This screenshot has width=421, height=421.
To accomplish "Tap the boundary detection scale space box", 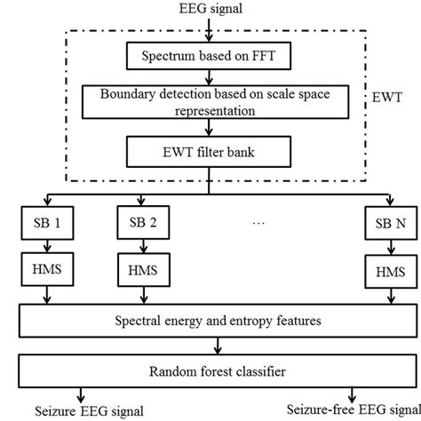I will click(x=210, y=101).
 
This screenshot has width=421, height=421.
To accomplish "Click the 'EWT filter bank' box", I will click(x=210, y=148).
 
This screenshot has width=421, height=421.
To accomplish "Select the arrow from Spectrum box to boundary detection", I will click(x=210, y=77).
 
